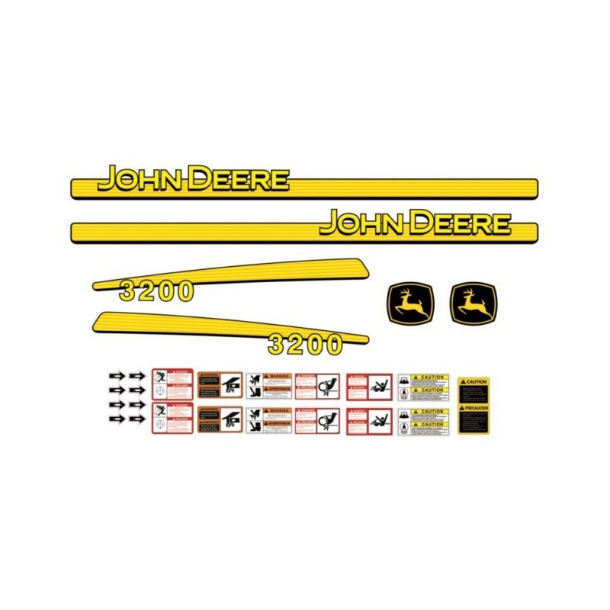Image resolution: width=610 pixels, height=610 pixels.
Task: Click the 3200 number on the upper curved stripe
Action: [x=156, y=292]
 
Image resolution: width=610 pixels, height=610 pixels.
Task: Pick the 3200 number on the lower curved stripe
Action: [x=305, y=345]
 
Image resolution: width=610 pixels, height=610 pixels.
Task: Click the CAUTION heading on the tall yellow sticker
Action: [x=474, y=381]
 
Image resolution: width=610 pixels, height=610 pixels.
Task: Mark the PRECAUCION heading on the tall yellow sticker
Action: [x=474, y=408]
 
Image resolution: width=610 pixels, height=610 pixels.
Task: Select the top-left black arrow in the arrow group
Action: [x=117, y=375]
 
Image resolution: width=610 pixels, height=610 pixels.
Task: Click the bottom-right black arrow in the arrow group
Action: [x=137, y=419]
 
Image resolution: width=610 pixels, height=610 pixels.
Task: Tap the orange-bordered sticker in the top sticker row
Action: [x=220, y=385]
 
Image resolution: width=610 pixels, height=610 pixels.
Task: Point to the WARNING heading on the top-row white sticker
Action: [x=275, y=376]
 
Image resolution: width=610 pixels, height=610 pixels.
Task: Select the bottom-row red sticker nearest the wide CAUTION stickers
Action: [x=369, y=421]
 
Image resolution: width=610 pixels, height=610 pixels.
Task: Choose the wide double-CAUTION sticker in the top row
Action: [x=424, y=385]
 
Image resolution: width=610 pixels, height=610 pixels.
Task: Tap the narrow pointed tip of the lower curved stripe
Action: [x=365, y=339]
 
